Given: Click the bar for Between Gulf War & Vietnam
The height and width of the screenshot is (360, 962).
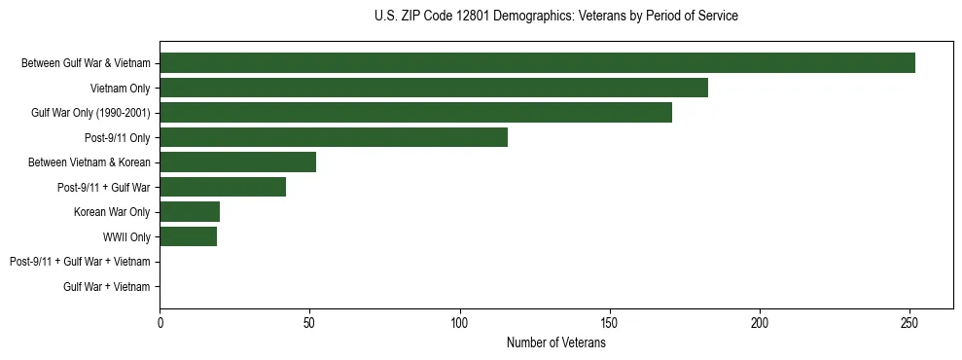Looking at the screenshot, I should click(537, 63).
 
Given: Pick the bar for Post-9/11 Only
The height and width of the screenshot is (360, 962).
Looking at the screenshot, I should click(334, 137).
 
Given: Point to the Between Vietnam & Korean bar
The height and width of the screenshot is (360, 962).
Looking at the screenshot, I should click(237, 162).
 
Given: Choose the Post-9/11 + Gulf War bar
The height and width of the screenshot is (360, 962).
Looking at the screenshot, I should click(223, 187).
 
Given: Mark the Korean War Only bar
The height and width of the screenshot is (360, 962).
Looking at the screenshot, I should click(190, 211).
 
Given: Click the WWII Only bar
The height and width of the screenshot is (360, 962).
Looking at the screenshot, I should click(188, 236).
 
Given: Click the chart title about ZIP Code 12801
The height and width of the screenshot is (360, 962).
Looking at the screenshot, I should click(555, 17).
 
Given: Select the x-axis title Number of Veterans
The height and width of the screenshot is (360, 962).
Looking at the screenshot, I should click(555, 343).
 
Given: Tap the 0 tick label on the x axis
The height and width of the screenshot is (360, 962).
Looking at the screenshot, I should click(160, 322).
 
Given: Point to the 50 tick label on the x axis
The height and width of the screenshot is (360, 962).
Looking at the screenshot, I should click(309, 322).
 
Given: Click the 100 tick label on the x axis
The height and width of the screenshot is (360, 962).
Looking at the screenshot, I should click(459, 322).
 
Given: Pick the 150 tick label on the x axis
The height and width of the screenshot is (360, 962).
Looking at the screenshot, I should click(609, 322).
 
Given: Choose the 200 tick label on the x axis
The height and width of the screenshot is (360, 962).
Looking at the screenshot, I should click(759, 322).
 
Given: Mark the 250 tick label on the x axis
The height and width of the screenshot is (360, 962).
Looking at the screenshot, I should click(909, 322).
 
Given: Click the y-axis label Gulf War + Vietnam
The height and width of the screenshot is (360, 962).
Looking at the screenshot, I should click(106, 286).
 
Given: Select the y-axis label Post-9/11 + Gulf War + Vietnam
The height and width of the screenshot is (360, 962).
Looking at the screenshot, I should click(80, 262).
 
